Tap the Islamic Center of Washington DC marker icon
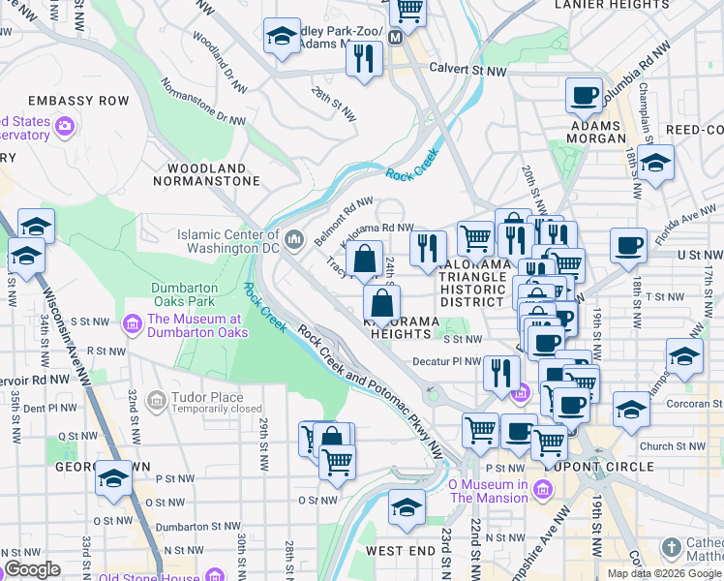(x=294, y=237)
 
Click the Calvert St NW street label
(x=468, y=70)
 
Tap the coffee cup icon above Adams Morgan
(x=584, y=95)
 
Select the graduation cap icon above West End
(x=407, y=506)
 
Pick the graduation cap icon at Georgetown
(x=114, y=478)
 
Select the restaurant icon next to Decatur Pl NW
(x=500, y=372)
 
